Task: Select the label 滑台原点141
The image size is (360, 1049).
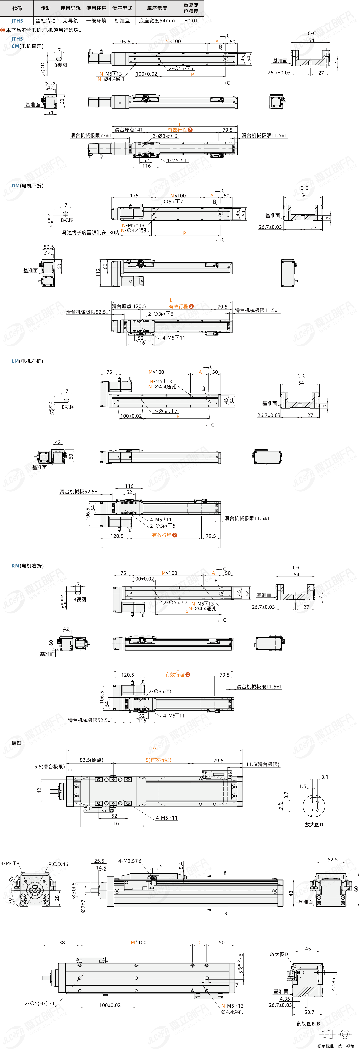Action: coord(129,130)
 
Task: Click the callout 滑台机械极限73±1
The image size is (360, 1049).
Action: coord(90,136)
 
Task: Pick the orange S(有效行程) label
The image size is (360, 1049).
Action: coord(158,760)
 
